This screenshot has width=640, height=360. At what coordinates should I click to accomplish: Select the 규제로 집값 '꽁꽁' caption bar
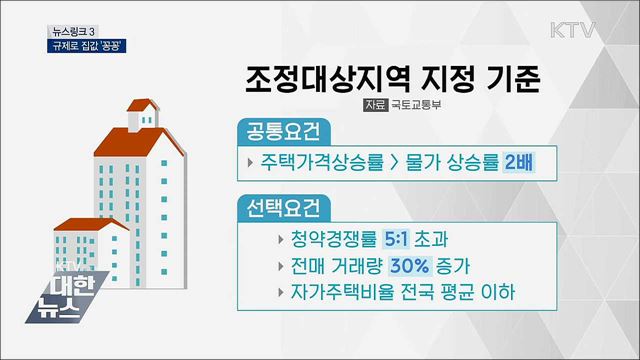89,45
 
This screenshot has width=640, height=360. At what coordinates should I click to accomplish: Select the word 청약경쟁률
339,241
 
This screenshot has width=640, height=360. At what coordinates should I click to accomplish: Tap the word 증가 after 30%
459,268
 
